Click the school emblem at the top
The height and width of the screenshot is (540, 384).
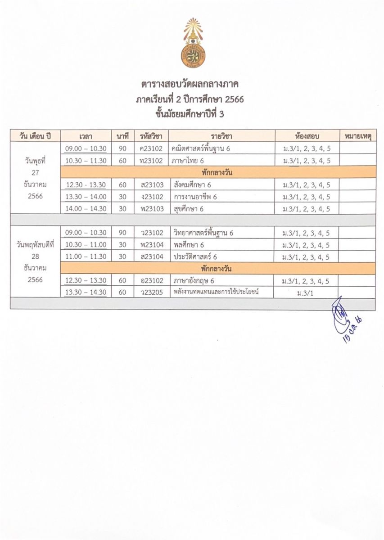(x=193, y=42)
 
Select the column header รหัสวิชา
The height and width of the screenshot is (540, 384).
(x=151, y=136)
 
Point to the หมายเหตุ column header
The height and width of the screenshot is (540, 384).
(x=357, y=136)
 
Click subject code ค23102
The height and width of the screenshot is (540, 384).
(x=151, y=148)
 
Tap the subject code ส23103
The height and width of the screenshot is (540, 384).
(x=151, y=184)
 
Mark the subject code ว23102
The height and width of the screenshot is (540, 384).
(x=151, y=233)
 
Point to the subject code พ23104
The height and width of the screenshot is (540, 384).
(x=151, y=245)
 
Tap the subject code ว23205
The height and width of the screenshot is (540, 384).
(x=151, y=292)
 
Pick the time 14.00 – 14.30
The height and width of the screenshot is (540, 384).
(x=86, y=209)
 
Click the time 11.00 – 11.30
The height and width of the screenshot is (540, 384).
(x=86, y=256)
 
